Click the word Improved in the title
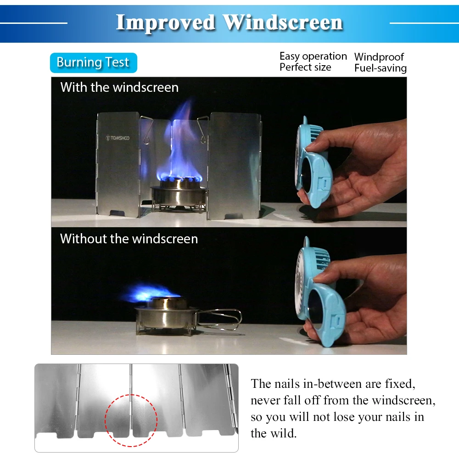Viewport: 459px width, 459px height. tap(166, 23)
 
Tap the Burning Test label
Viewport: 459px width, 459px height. tap(93, 62)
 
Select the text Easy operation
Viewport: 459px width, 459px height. tap(313, 56)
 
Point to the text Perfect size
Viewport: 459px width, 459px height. tap(305, 67)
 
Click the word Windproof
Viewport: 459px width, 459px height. tap(379, 57)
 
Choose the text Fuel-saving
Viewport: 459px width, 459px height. tap(381, 68)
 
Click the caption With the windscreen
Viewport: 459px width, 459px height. tap(119, 87)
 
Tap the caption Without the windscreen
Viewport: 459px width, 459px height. tap(129, 239)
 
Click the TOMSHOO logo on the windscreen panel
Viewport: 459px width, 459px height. tap(118, 138)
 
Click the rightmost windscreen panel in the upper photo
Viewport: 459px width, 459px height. tap(234, 166)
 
